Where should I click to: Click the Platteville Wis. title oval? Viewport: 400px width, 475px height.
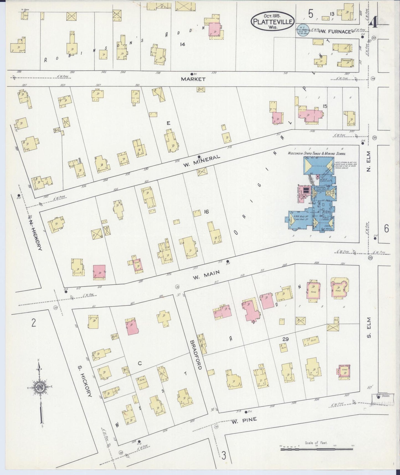point(273,21)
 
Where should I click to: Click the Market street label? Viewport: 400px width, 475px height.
point(193,79)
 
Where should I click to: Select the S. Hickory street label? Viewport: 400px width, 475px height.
point(84,382)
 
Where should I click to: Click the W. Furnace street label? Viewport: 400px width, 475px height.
point(336,32)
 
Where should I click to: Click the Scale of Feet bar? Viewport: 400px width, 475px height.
point(317,449)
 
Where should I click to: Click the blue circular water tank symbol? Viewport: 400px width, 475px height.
point(303,31)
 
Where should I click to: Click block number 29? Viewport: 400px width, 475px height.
point(286,339)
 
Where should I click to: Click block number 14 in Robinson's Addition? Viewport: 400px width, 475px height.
point(182,44)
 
